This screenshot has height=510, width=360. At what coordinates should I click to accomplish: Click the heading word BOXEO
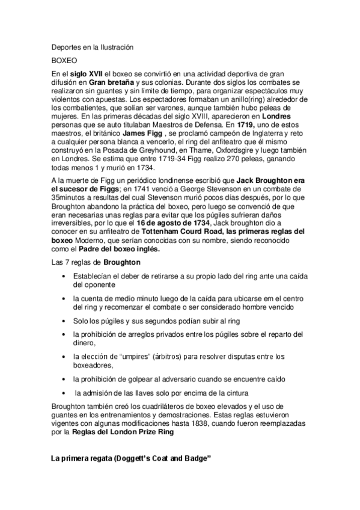point(63,60)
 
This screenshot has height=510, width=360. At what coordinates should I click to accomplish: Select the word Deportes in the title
point(66,47)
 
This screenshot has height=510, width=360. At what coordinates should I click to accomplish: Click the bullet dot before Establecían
point(64,275)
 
